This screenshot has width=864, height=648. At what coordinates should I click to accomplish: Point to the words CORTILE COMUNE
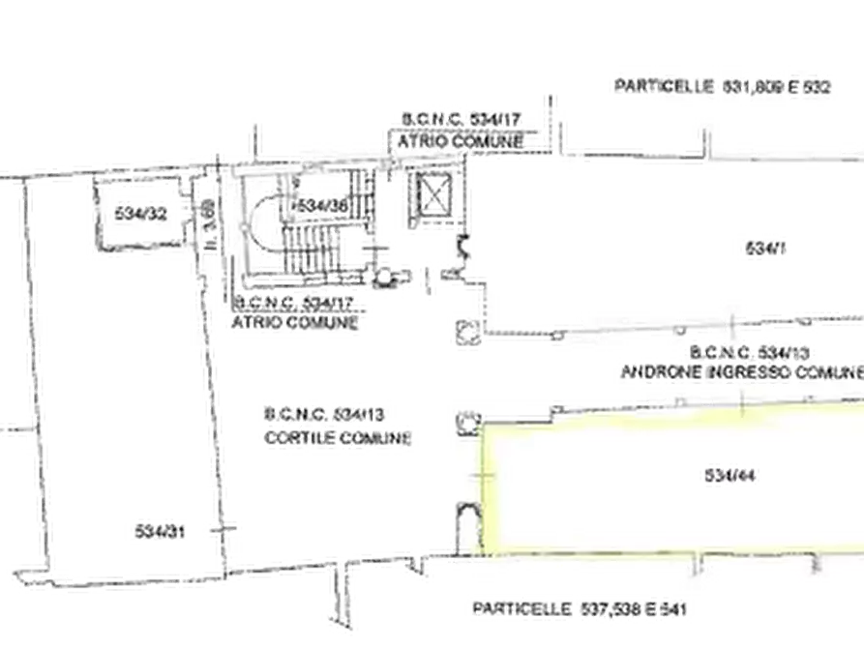pos(337,438)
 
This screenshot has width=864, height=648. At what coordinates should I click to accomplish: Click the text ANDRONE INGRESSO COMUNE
pos(740,370)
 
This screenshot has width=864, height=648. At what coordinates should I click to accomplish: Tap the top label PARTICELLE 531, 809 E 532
pos(719,87)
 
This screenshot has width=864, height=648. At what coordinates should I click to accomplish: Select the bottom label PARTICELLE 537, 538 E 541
pos(581,609)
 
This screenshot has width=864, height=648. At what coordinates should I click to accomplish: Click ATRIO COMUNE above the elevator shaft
pos(461,142)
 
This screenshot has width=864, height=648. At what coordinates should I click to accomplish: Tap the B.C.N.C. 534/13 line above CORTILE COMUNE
pos(324,414)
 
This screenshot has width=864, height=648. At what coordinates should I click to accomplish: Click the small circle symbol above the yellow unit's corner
pos(469,422)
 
